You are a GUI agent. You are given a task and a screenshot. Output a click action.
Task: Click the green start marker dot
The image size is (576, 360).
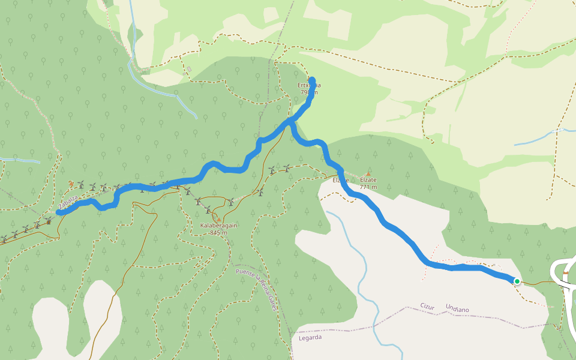point(517,281)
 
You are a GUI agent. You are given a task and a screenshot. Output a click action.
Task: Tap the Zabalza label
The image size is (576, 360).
point(68,202)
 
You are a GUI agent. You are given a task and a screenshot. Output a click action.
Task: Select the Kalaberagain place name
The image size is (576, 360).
point(219,226)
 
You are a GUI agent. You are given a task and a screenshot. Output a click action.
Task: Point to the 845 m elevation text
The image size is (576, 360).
point(219,233)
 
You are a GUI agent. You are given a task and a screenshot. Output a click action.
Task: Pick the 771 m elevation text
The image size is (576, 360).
point(368,187)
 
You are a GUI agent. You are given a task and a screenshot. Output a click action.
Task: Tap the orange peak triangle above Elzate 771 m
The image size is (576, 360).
point(368,174)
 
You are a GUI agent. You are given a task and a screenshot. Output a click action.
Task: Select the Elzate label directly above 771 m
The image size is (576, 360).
point(368,179)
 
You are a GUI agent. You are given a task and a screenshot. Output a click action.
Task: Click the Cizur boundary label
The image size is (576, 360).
point(427,305)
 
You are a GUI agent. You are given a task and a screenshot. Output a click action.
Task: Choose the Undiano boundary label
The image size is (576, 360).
point(457,309)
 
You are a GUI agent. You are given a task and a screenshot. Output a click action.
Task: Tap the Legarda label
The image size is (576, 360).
point(310,337)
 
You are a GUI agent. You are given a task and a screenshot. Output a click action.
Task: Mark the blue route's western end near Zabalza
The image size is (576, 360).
point(59,212)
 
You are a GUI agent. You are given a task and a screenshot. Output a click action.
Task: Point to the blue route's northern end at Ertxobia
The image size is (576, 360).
point(311,80)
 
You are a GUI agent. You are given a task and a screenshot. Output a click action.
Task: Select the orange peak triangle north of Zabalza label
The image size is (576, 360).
point(71,184)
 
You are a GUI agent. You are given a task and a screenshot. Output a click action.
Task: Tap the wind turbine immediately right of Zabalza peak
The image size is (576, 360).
point(80,186)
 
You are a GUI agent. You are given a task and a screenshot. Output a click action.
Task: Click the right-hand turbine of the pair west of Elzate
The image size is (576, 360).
point(287,169)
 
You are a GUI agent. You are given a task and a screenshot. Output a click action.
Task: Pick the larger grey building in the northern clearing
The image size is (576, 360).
point(189,70)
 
